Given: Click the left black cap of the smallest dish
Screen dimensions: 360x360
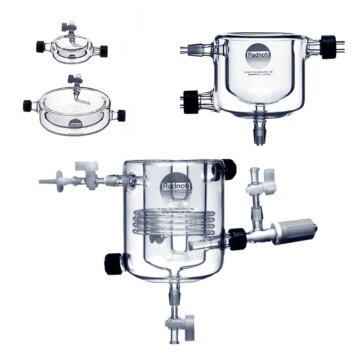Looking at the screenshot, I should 40,46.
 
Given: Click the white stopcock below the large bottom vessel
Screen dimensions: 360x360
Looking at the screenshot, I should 180,324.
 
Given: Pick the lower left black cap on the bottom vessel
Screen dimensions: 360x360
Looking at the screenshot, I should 113,263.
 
